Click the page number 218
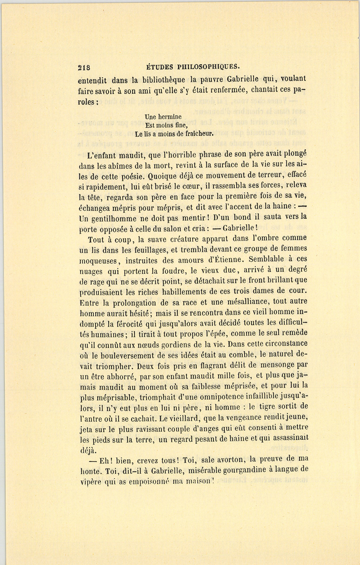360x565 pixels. click(84, 67)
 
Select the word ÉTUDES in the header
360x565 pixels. click(159, 66)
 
